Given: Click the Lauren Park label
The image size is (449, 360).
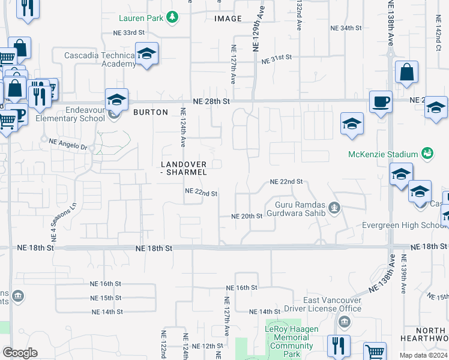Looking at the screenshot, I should [141, 18].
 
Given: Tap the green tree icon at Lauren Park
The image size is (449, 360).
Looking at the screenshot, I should [173, 17].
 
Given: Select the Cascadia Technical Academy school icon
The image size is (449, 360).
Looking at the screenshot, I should [146, 55].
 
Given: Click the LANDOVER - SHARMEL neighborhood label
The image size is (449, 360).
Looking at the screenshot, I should [184, 168].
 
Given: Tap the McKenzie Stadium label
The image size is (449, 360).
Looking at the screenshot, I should [384, 154].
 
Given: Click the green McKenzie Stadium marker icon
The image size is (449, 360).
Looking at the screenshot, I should [427, 154].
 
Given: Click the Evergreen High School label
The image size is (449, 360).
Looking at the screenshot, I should [403, 225].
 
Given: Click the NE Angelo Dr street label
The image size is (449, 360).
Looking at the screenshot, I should [68, 143].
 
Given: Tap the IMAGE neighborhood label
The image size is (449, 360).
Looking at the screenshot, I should [228, 19].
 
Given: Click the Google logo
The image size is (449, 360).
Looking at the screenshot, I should [20, 353].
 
